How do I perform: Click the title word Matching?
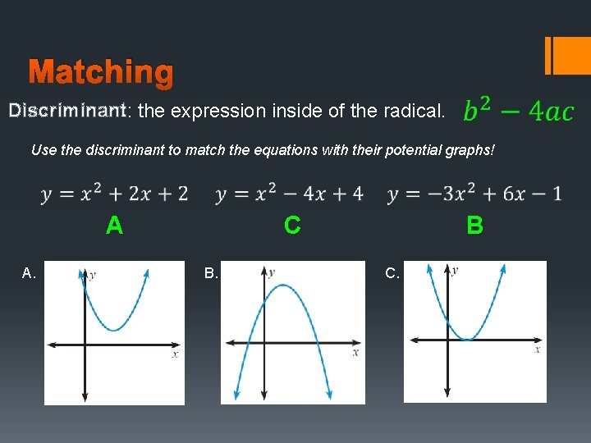(101, 73)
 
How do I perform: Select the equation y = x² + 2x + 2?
(114, 194)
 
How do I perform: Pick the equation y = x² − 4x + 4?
(290, 194)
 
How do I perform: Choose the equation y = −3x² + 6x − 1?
(475, 194)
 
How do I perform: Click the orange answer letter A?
(114, 226)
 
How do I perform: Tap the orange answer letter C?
(291, 226)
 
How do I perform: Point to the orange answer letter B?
(474, 226)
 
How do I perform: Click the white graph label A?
(30, 273)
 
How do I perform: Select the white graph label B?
(211, 273)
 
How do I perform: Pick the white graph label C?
(392, 273)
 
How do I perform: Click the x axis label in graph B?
(355, 352)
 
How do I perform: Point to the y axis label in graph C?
(455, 270)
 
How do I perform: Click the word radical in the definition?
(418, 111)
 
